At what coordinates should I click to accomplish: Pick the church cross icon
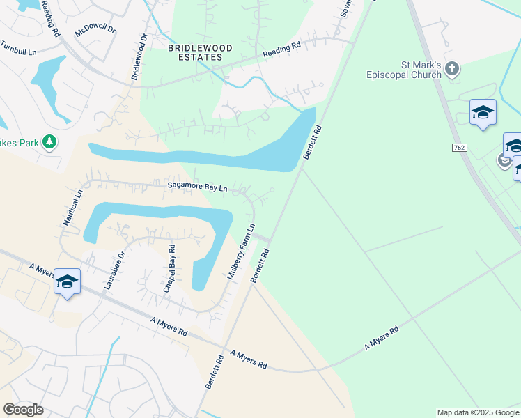coord(453,69)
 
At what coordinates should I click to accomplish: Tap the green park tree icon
coord(49,142)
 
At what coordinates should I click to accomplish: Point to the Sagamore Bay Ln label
coord(198,187)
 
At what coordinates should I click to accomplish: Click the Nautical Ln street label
coord(72,208)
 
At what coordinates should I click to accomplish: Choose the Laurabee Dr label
coord(113,270)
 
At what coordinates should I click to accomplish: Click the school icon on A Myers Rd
coord(67,281)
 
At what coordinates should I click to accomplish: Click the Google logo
coord(23,410)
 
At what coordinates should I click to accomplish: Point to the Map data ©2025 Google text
coord(478,412)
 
